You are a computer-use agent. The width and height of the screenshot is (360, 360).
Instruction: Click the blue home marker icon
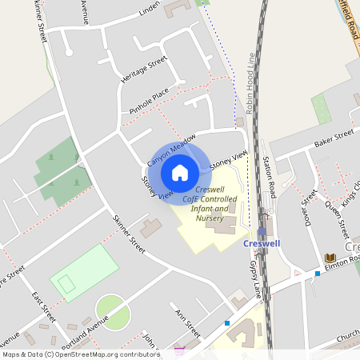[179, 172]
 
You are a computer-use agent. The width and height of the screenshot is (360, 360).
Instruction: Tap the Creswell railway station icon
[261, 230]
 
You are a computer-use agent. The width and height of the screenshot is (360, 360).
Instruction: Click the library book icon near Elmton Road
[330, 258]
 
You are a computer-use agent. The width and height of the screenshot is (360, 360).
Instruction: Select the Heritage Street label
[143, 70]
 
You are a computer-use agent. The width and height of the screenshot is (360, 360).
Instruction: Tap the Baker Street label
[334, 137]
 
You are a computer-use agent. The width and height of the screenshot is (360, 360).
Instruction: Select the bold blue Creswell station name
[261, 243]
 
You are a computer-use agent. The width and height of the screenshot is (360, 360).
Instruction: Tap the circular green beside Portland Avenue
[112, 312]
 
